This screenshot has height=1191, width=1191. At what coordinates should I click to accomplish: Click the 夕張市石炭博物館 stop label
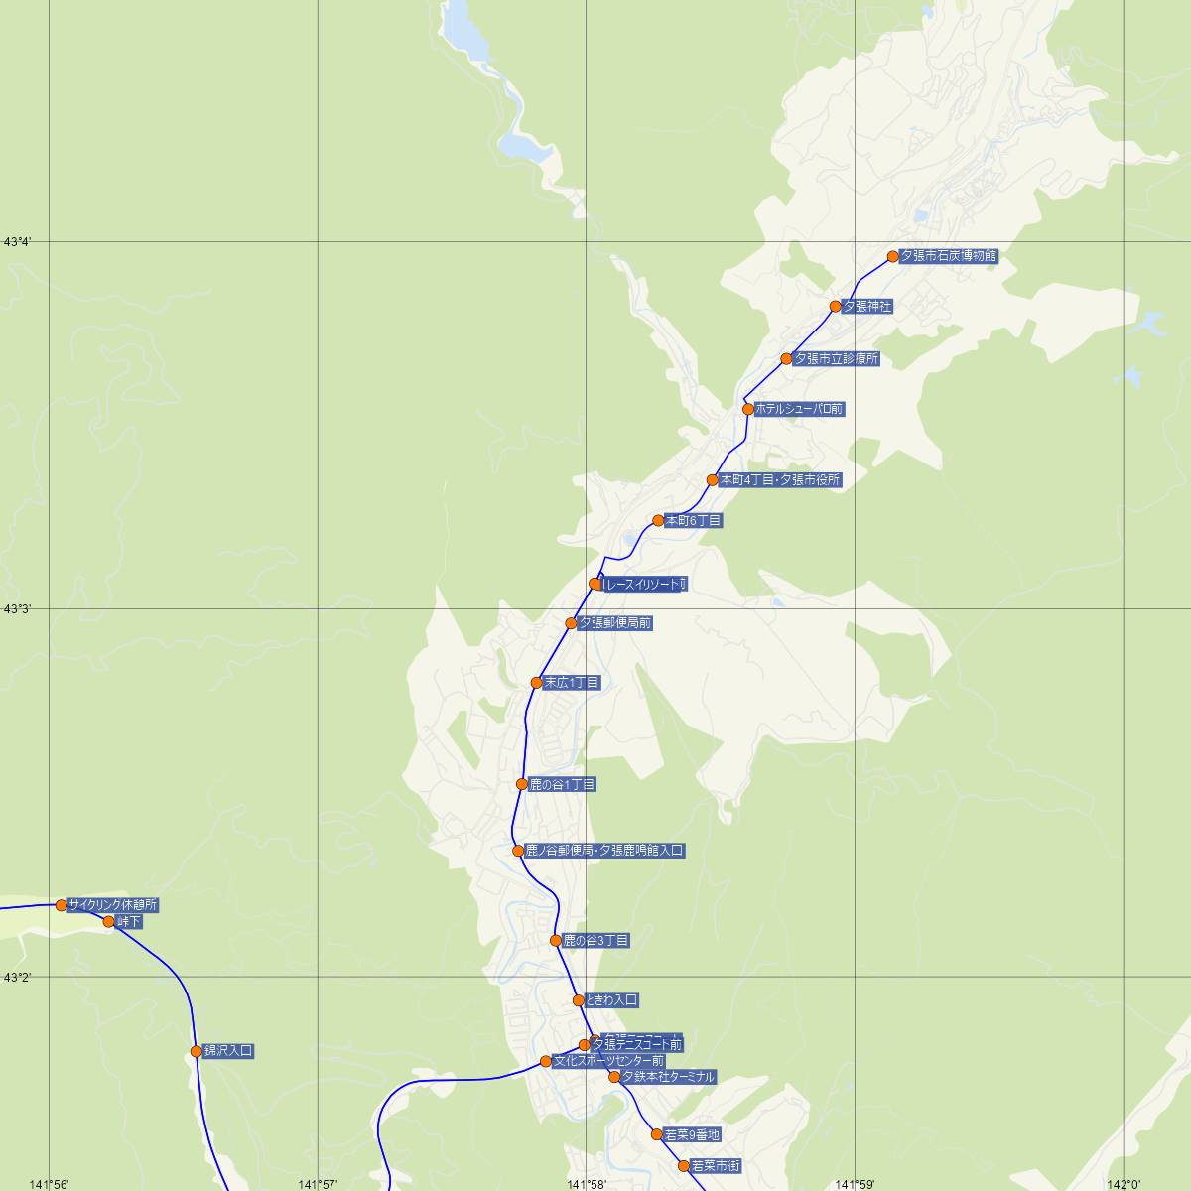coord(948,256)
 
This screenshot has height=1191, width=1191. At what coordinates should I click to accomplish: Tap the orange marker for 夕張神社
coord(836,307)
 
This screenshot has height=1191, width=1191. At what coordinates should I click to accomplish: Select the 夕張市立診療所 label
coord(836,359)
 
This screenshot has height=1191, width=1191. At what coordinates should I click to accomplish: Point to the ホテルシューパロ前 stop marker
coord(748,409)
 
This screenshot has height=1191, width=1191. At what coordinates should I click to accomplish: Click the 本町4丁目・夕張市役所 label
coord(780,480)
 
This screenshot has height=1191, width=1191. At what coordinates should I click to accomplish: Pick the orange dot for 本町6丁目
coord(658,520)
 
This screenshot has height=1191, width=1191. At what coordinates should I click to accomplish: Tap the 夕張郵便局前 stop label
coord(614,623)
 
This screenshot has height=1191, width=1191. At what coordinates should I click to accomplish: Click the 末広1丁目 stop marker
coord(537,683)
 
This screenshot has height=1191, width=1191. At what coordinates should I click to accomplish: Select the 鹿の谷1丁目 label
coord(562,785)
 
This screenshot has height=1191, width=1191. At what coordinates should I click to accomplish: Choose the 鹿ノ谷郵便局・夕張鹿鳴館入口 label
coord(604,851)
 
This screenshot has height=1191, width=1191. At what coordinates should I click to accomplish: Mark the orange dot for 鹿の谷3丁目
coord(556,940)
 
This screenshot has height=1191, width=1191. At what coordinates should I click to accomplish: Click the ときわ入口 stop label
coord(611,1000)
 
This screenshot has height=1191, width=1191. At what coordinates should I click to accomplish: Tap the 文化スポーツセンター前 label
coord(608,1061)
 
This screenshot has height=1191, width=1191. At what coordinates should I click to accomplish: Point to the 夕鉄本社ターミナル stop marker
coord(614,1077)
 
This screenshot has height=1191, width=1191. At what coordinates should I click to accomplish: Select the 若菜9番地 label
coord(693,1134)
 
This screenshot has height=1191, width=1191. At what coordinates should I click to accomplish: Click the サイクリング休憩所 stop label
coord(113,905)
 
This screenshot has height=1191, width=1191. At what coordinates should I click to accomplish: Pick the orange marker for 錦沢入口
coord(197,1051)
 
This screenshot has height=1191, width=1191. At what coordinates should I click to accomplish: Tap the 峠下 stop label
coord(129,922)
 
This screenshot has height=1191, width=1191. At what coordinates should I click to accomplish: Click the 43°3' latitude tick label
coord(19,608)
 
